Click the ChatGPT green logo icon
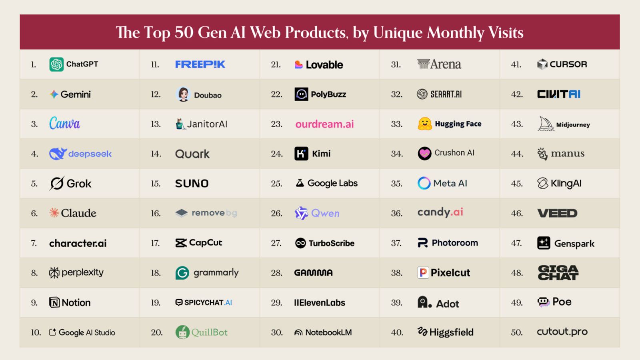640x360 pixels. pyautogui.click(x=56, y=64)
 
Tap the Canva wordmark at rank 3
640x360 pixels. pyautogui.click(x=64, y=123)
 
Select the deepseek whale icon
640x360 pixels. pyautogui.click(x=58, y=154)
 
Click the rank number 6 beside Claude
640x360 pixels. pyautogui.click(x=34, y=214)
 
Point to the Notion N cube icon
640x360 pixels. pyautogui.click(x=54, y=302)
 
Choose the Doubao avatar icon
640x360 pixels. pyautogui.click(x=183, y=94)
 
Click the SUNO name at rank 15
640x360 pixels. pyautogui.click(x=192, y=184)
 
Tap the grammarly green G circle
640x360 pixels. pyautogui.click(x=182, y=273)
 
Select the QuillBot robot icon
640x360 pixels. pyautogui.click(x=182, y=332)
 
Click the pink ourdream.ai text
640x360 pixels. pyautogui.click(x=324, y=124)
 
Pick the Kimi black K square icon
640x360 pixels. pyautogui.click(x=301, y=154)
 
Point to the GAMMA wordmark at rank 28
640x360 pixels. pyautogui.click(x=313, y=273)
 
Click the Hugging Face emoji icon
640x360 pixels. pyautogui.click(x=424, y=124)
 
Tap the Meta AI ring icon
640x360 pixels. pyautogui.click(x=424, y=183)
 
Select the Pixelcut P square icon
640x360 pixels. pyautogui.click(x=423, y=273)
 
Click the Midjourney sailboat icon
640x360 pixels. pyautogui.click(x=546, y=124)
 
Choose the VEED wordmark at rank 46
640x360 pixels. pyautogui.click(x=557, y=213)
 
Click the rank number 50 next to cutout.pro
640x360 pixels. pyautogui.click(x=516, y=332)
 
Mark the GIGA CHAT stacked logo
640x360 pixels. pyautogui.click(x=558, y=273)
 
